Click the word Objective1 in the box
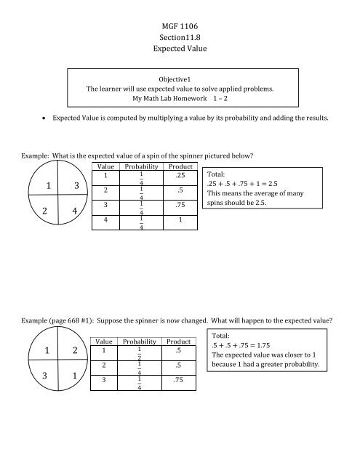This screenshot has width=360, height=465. click(x=180, y=81)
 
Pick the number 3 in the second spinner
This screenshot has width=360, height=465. click(x=28, y=379)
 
